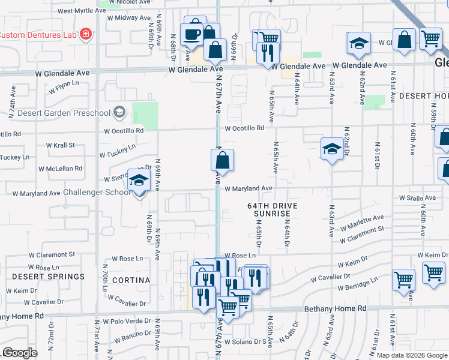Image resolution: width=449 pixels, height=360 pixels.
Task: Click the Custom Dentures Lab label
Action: point(37,35)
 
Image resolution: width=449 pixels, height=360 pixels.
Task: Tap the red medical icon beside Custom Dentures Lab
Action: point(86,34)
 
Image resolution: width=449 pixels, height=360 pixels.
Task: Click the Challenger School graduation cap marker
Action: point(139,181)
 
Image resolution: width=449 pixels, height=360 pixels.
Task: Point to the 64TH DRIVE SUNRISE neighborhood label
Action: point(272,209)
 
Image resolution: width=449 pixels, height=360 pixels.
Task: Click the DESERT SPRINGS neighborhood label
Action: point(40,277)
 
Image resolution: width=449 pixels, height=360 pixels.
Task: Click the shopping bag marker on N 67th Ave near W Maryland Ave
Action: point(222,160)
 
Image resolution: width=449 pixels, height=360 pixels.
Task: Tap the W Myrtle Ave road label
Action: point(82,11)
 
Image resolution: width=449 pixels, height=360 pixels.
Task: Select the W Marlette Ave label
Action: point(361,222)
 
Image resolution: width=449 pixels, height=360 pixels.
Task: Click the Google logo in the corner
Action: point(19,352)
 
